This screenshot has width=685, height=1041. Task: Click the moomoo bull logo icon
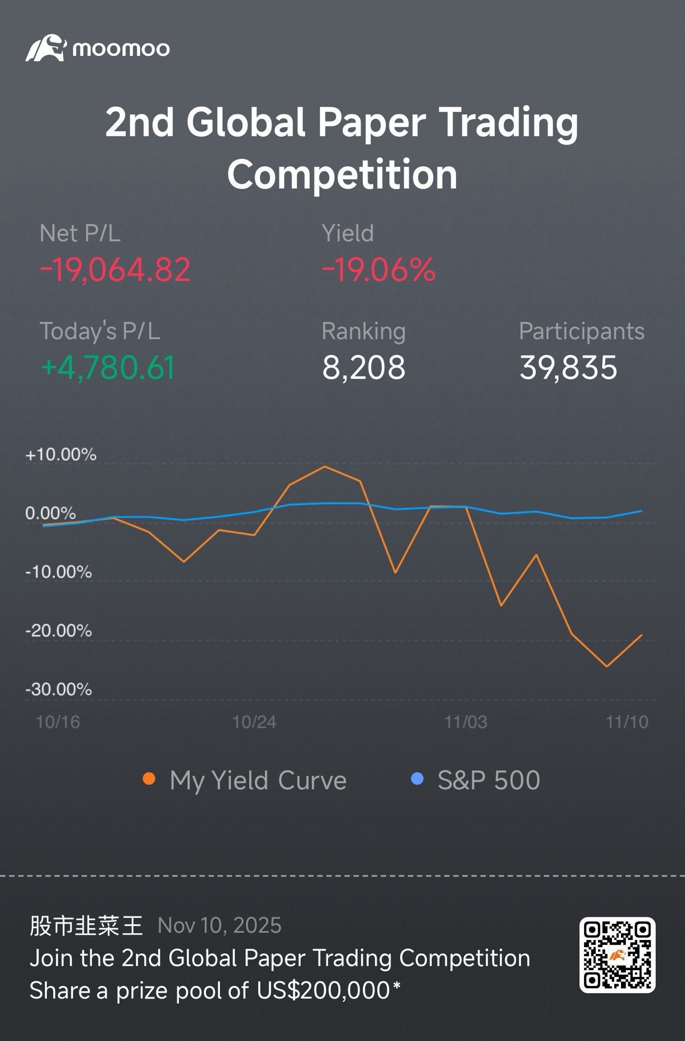coord(45,48)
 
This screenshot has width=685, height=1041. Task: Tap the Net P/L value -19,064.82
coord(115,270)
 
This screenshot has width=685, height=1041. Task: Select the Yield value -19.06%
coord(379,270)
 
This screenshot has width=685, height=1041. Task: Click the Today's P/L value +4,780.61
coord(108,367)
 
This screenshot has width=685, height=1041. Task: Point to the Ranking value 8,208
coord(364,367)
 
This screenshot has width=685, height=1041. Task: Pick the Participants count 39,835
coord(568,367)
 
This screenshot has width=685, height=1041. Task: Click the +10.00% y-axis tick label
coord(61,454)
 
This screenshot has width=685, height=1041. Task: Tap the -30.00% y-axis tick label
coord(58,689)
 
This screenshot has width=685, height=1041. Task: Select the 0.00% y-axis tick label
coord(50,513)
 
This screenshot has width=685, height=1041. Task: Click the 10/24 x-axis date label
coord(254,722)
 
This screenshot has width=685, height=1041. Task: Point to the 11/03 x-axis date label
coord(466,722)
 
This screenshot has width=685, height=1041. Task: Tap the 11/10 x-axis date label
coord(627,722)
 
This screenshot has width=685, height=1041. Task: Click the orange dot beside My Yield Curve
coord(149,779)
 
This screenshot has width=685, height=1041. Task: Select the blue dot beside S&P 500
coord(417,779)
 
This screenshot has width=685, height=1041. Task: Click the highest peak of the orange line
coord(325,466)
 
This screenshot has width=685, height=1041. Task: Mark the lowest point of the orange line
coord(607,666)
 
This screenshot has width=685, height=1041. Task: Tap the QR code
coord(617,955)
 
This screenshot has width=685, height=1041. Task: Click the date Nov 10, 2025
coord(219,926)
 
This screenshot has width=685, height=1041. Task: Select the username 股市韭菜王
coord(86,926)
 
